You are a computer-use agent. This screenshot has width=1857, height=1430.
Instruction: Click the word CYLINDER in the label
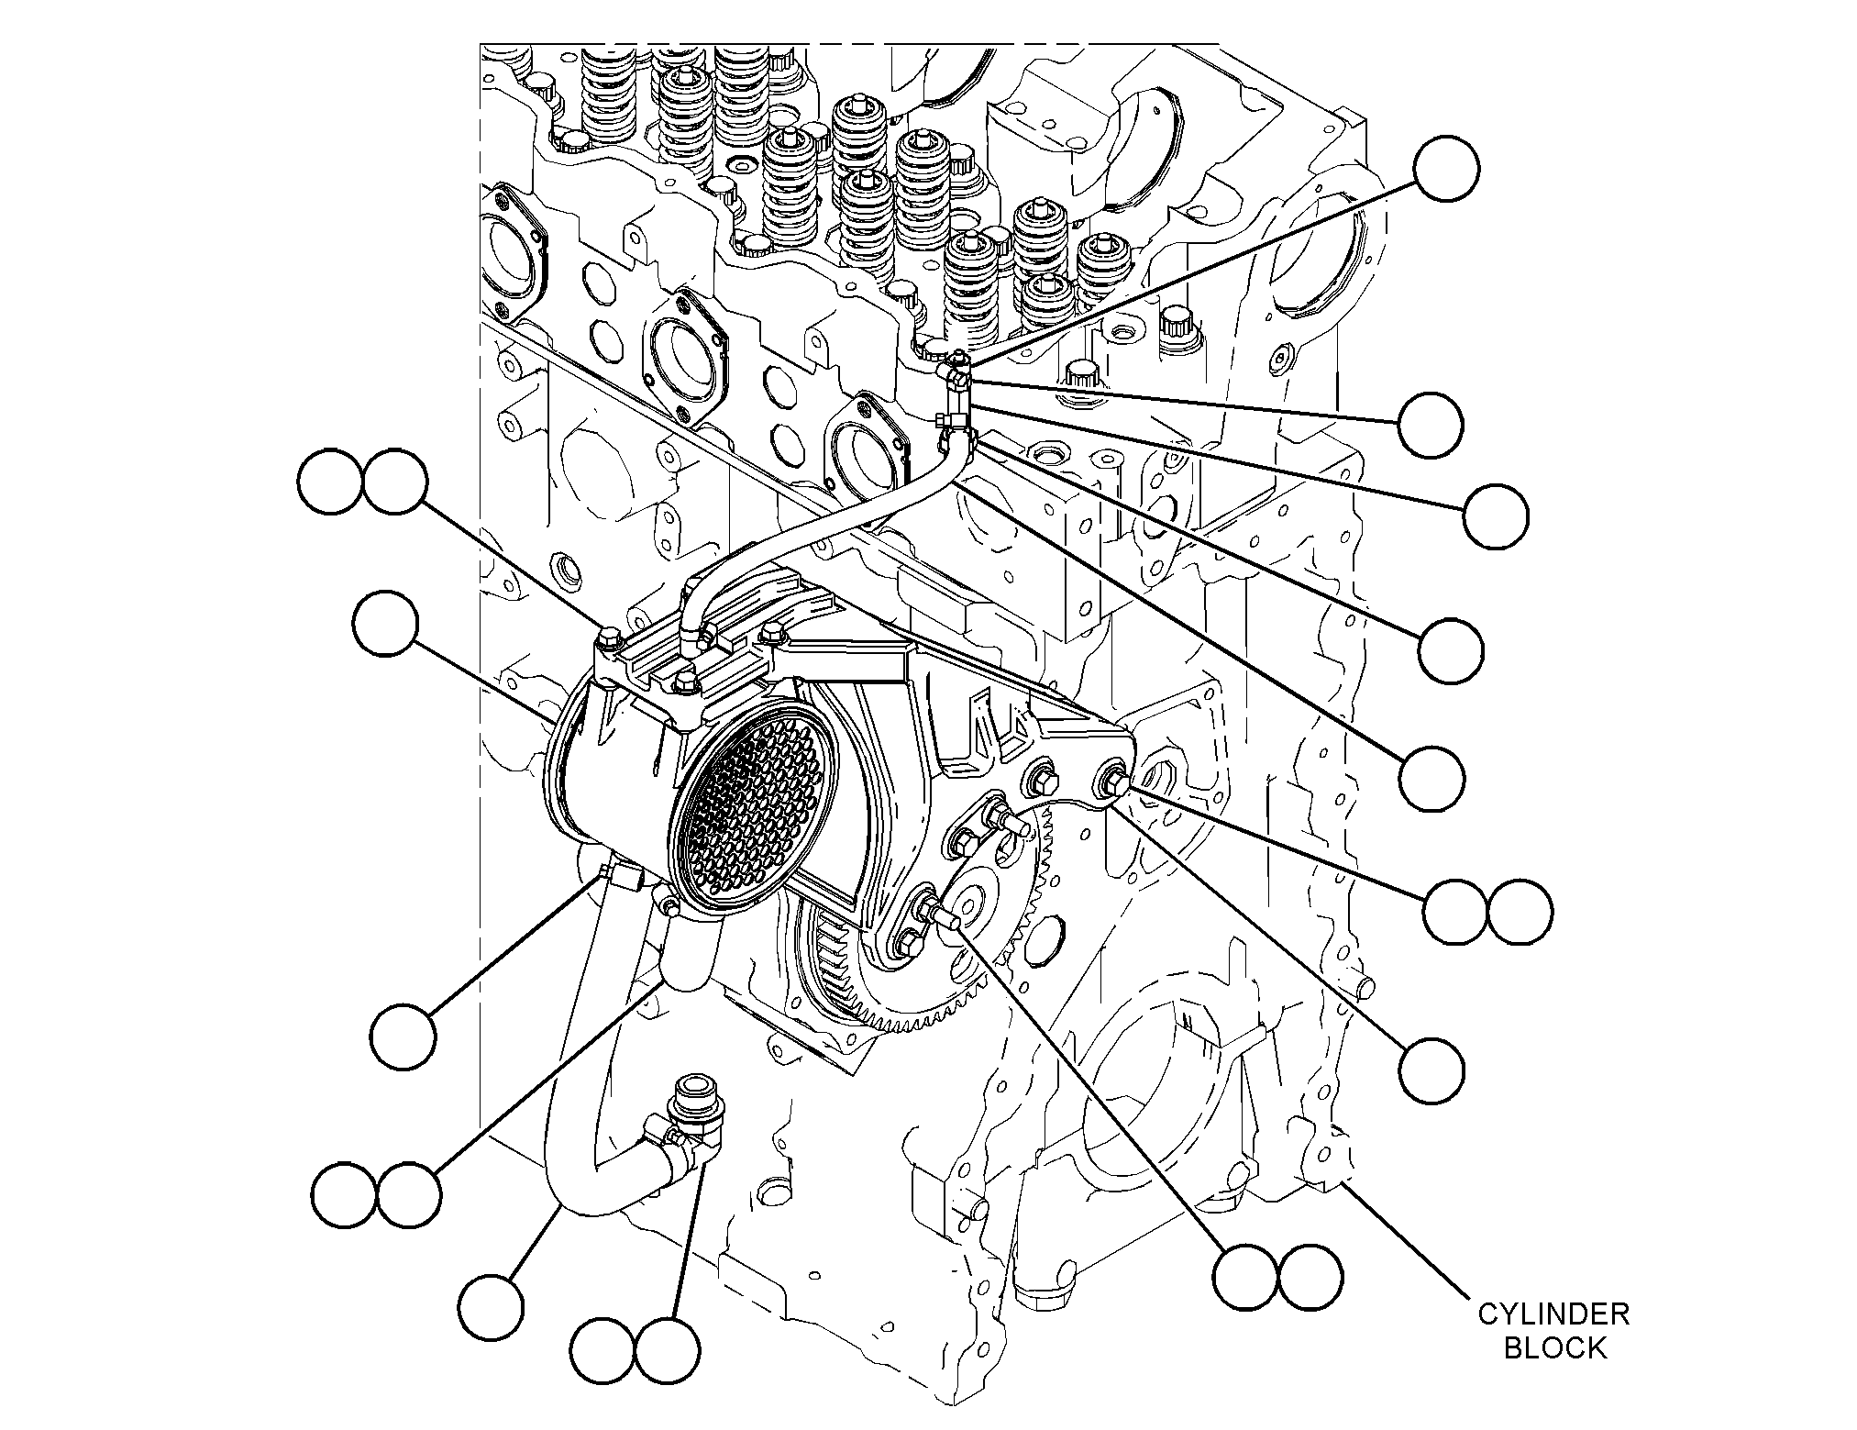pyautogui.click(x=1553, y=1314)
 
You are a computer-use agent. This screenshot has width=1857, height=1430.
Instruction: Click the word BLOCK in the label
pyautogui.click(x=1554, y=1348)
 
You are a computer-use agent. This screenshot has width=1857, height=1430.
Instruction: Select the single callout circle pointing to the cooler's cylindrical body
pyautogui.click(x=385, y=624)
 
